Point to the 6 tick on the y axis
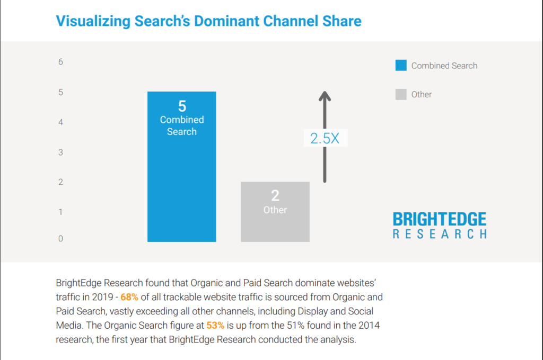click(60, 62)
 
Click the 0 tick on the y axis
click(60, 239)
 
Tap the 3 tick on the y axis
click(60, 152)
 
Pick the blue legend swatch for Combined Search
click(401, 66)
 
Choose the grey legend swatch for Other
click(401, 95)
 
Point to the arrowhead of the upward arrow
click(325, 96)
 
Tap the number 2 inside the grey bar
click(275, 196)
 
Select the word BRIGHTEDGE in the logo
click(440, 219)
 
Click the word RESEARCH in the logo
click(440, 233)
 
